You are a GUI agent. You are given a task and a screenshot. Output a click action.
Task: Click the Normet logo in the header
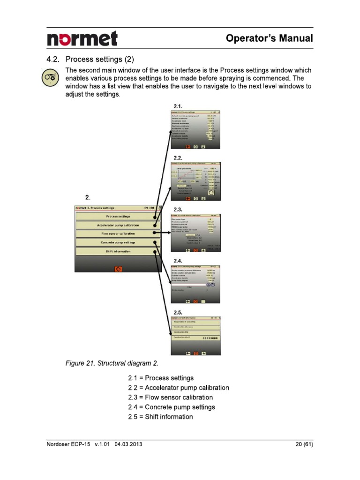point(82,38)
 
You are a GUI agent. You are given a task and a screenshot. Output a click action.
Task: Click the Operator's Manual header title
point(269,38)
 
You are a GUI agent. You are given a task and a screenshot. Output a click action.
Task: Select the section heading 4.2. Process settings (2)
point(90,60)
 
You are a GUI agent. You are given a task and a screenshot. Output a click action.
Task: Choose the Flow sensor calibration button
point(118,233)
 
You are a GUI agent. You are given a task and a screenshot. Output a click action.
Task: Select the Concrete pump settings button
point(118,242)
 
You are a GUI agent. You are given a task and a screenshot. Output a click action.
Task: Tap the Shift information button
point(118,251)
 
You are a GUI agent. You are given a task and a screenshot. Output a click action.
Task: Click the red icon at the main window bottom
point(118,269)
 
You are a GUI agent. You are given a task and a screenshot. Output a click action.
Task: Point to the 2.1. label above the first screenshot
point(178,106)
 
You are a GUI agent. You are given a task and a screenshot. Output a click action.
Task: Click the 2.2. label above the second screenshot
point(178,158)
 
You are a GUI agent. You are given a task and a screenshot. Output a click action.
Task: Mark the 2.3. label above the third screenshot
point(178,209)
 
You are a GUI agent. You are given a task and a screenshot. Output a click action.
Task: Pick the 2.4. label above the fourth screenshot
point(178,260)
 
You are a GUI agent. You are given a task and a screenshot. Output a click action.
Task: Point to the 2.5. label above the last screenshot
point(178,312)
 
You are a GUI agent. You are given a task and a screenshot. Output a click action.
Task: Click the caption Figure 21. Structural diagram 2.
point(112,363)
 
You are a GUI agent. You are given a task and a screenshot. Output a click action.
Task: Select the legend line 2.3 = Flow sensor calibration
point(170,397)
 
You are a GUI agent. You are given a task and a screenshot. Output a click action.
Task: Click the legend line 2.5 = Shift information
point(160,417)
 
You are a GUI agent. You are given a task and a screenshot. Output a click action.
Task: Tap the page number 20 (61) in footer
point(302,444)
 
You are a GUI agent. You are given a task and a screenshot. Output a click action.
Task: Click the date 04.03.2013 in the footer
point(128,444)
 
